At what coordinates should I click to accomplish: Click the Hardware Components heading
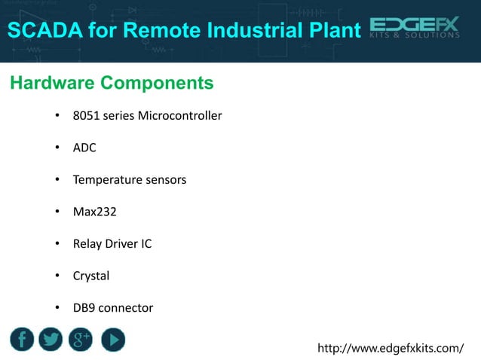tap(112, 82)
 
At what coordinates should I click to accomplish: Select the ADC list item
tap(84, 148)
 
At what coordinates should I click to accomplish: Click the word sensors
tap(165, 180)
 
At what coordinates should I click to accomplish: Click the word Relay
tap(86, 244)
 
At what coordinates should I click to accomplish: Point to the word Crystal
tap(90, 276)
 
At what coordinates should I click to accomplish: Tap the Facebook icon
tap(21, 340)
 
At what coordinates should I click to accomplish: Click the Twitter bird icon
tap(51, 340)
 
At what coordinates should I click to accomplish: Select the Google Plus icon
tap(81, 340)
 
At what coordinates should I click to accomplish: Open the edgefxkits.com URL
tap(391, 348)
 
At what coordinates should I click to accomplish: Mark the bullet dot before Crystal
tap(57, 276)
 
